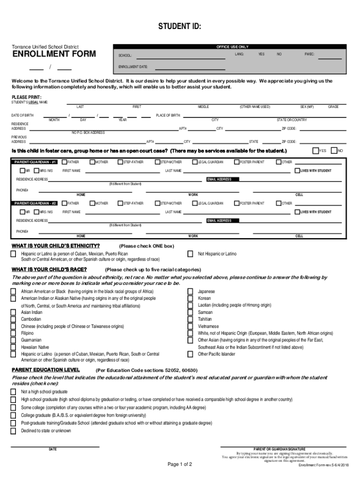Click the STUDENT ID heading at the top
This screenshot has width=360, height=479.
tap(180, 27)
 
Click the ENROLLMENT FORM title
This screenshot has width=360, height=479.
tap(54, 54)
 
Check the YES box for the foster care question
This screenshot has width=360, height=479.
tap(315, 151)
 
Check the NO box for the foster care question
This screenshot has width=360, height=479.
tap(334, 151)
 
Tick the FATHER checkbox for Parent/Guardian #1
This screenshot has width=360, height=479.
tap(64, 162)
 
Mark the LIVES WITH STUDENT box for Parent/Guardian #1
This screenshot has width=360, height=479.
tap(297, 171)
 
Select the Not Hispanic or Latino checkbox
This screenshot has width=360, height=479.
tap(190, 254)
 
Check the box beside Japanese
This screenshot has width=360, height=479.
tap(190, 291)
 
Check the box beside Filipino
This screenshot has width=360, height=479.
tap(14, 333)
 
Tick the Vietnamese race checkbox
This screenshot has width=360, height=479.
tap(190, 326)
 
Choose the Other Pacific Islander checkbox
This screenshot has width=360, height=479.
tap(190, 354)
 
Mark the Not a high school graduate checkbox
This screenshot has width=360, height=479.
tap(14, 392)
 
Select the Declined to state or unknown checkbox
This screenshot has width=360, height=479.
tap(14, 431)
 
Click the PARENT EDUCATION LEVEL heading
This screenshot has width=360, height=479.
tap(45, 370)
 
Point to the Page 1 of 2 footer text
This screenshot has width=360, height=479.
tap(180, 464)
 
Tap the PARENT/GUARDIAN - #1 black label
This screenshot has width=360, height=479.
tap(36, 162)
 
